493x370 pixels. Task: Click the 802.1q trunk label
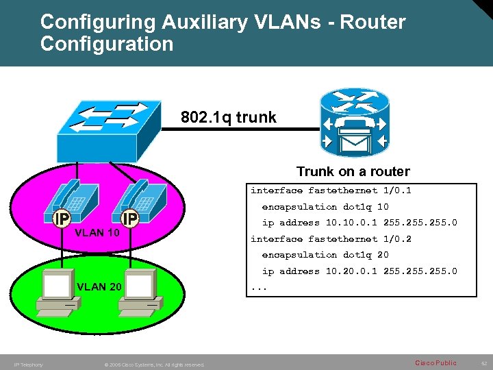point(229,117)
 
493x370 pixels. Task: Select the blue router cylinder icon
point(353,123)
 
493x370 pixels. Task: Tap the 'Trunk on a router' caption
point(353,171)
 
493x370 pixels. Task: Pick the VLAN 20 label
point(100,286)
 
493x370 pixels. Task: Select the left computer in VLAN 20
point(56,291)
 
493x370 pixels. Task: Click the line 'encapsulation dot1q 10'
point(325,206)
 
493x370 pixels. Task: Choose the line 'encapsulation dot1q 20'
point(325,255)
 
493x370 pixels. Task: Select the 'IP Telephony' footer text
point(28,365)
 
